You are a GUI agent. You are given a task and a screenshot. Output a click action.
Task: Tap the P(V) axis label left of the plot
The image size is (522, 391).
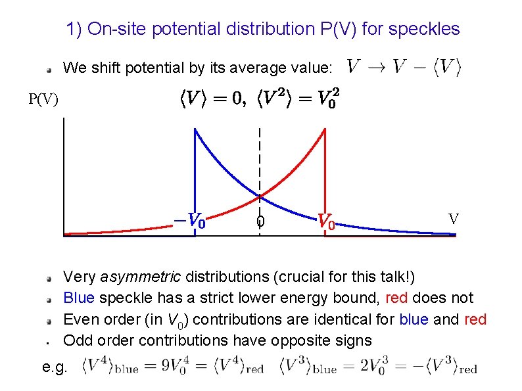pyautogui.click(x=43, y=99)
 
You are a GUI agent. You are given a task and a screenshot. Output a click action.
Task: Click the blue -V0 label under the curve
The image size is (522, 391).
pyautogui.click(x=189, y=219)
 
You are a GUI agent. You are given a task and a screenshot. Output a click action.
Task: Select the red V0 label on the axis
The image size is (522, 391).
pyautogui.click(x=327, y=221)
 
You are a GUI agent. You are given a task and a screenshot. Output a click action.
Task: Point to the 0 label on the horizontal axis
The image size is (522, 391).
pyautogui.click(x=260, y=222)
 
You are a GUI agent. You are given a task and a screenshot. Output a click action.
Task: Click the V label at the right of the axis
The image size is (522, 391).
pyautogui.click(x=453, y=219)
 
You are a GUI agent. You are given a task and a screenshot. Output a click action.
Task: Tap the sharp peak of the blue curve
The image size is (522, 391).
pyautogui.click(x=194, y=129)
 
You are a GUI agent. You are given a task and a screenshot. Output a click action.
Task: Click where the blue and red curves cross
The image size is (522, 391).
pyautogui.click(x=260, y=196)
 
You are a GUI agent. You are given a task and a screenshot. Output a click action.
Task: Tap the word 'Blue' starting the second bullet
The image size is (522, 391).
pyautogui.click(x=79, y=298)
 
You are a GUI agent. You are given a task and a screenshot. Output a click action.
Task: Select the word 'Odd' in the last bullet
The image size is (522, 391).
pyautogui.click(x=77, y=340)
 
